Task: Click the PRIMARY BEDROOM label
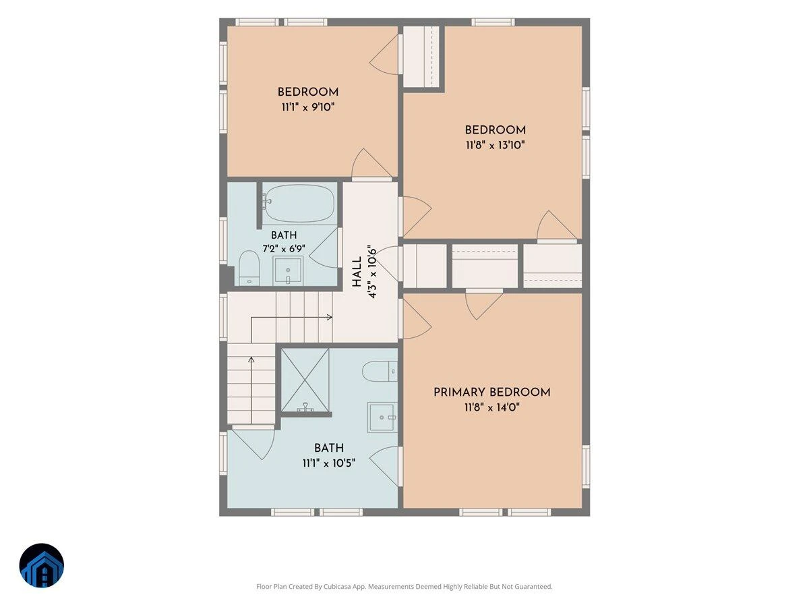(x=491, y=392)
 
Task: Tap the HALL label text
(x=357, y=272)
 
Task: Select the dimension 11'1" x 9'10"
(x=307, y=107)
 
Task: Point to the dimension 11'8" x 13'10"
(x=495, y=145)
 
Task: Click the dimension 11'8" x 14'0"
(x=492, y=407)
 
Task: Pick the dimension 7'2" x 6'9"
(x=284, y=249)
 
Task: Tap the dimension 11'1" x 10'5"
(x=329, y=463)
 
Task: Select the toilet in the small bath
(x=249, y=268)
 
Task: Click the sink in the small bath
(x=288, y=271)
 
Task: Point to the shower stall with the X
(x=305, y=380)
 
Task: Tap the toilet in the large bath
(x=380, y=371)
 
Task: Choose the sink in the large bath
(x=382, y=417)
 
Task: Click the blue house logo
(x=42, y=565)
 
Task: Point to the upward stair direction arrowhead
(x=251, y=359)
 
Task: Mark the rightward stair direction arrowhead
(x=330, y=317)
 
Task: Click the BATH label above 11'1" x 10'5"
(x=329, y=448)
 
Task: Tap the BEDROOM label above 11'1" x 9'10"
(x=307, y=92)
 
